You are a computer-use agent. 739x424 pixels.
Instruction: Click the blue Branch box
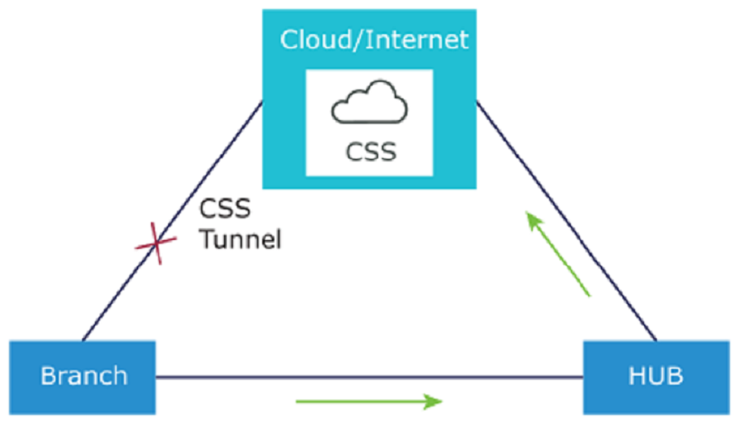point(82,374)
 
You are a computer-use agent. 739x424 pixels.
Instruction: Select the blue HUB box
point(655,374)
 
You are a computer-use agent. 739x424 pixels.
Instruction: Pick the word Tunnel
point(239,240)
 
